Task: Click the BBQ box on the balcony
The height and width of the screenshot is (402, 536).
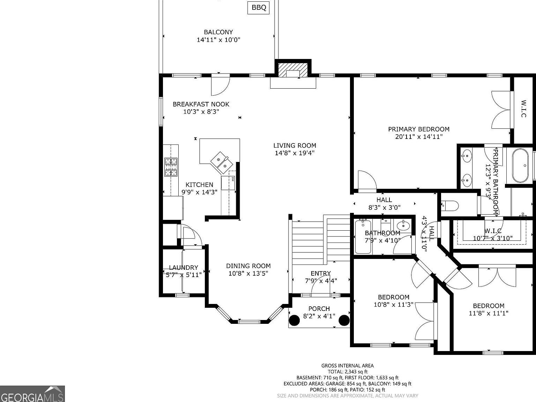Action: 259,8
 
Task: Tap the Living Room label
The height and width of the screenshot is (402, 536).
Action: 295,146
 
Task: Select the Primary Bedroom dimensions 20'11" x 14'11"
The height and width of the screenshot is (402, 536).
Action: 419,137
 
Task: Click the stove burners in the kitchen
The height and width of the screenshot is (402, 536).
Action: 171,167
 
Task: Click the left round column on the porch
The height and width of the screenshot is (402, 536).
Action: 294,320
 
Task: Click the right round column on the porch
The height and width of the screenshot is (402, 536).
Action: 344,320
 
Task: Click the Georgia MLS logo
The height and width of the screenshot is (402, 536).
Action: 32,394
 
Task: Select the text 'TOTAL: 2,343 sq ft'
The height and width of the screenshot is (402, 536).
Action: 347,372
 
